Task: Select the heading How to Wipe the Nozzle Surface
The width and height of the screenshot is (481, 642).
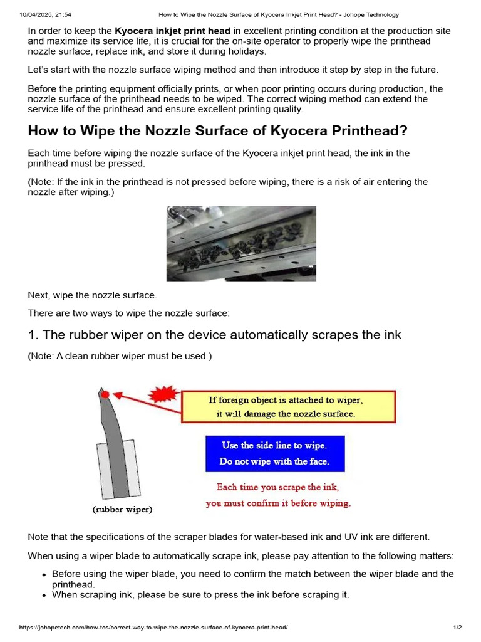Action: point(217,131)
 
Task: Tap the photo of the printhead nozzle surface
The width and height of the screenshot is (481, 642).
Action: point(241,243)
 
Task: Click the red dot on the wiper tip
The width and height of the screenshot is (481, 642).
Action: point(105,394)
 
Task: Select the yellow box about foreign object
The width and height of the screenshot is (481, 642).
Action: point(288,406)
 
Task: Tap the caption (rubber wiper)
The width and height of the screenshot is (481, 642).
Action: point(122,510)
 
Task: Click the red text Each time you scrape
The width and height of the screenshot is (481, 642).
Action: point(278,495)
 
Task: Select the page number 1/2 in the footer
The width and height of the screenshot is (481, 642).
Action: point(457,628)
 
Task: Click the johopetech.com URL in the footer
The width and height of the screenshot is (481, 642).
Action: point(153,628)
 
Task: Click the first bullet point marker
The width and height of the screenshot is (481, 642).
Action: point(44,575)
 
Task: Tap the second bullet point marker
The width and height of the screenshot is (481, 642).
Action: point(44,596)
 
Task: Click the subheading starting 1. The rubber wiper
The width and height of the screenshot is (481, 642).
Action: point(214,335)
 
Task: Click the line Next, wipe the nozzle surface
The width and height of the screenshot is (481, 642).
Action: point(92,295)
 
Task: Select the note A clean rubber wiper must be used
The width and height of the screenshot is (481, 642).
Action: point(120,356)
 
